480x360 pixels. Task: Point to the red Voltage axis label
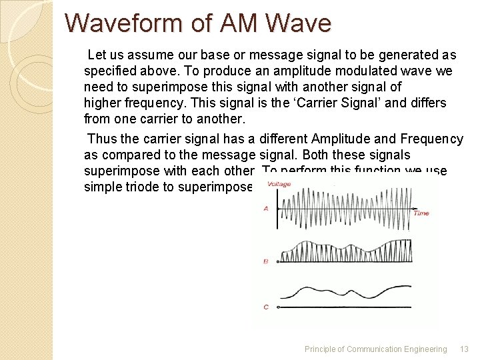(x=279, y=184)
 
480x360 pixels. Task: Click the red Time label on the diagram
(x=421, y=213)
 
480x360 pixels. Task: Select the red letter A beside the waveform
(x=266, y=209)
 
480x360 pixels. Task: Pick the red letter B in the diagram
(x=266, y=262)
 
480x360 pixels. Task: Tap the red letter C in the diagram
(x=266, y=307)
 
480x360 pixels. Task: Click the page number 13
(x=464, y=349)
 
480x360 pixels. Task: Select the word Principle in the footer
(x=321, y=349)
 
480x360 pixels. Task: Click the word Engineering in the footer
(x=425, y=349)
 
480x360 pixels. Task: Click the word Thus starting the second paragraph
(x=101, y=139)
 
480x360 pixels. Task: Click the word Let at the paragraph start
(x=96, y=55)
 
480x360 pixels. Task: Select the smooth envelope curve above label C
(x=343, y=291)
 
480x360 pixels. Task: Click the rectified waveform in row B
(x=343, y=252)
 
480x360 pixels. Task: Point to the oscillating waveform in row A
(x=343, y=206)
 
